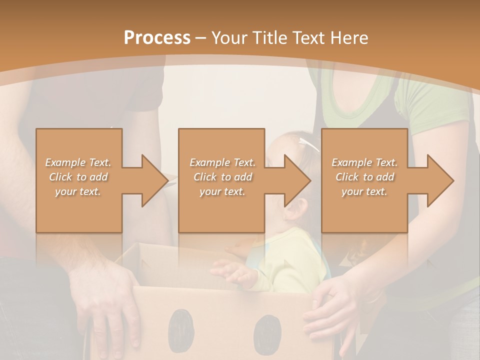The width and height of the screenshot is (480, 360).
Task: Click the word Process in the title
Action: (157, 37)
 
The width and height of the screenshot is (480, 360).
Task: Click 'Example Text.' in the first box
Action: (78, 162)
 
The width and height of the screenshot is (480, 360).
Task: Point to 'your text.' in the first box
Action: (78, 191)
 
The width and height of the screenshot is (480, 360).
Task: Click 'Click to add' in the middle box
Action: (222, 177)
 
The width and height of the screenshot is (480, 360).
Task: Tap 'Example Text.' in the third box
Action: (364, 162)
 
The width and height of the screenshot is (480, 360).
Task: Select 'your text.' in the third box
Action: (364, 191)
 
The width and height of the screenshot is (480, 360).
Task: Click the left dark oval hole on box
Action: (180, 329)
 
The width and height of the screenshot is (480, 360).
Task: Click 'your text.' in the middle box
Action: (222, 191)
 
